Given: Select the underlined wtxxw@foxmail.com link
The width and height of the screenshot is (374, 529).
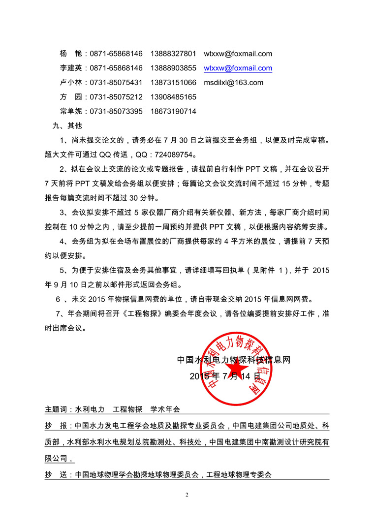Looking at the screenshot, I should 238,68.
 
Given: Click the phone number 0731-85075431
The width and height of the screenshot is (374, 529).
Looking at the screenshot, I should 116,83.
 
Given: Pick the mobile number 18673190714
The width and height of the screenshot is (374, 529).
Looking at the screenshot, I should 173,111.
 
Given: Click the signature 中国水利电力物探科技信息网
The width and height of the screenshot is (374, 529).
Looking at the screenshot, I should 234,360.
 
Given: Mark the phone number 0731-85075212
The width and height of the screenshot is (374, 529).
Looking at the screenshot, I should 116,97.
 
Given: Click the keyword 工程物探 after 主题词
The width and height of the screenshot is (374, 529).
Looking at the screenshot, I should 127,409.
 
